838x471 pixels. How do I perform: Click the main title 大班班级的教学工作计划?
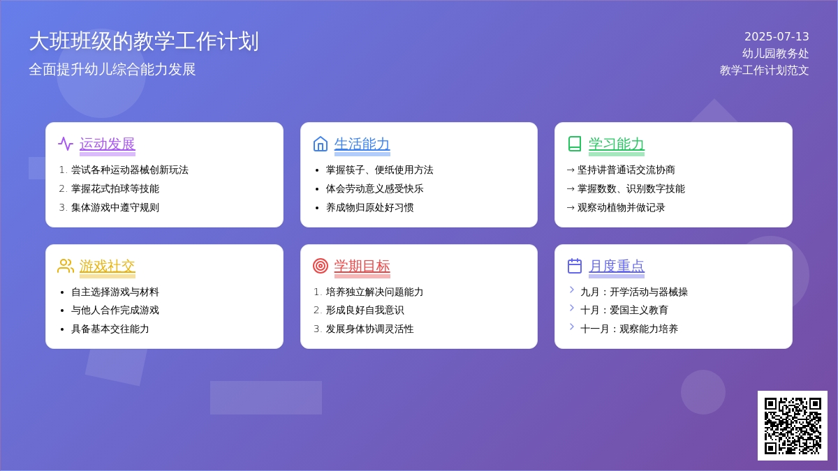coord(144,41)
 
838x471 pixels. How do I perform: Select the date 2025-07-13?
coord(777,36)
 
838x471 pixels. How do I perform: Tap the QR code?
coord(793,426)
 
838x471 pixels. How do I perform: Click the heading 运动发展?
coord(108,144)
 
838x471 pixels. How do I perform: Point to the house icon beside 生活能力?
coord(321,144)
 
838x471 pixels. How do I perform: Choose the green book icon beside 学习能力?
coord(575,144)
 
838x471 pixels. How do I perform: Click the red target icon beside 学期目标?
coord(321,266)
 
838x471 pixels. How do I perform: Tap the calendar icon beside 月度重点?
coord(575,266)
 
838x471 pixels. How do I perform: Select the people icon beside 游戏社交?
coord(66,266)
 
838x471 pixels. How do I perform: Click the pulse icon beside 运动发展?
coord(66,144)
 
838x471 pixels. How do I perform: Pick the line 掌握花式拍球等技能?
coord(115,189)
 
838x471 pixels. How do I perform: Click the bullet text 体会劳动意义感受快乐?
coord(374,189)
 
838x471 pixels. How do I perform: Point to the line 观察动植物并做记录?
coord(621,207)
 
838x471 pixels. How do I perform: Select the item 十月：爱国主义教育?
coord(624,310)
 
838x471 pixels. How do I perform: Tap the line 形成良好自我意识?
coord(365,310)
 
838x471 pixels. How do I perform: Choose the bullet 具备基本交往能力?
coord(110,329)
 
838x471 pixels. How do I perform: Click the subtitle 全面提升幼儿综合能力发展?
coord(112,70)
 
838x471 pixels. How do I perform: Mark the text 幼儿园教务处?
coord(776,54)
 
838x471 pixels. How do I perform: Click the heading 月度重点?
coord(617,266)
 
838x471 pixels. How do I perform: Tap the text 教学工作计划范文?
coord(764,70)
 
